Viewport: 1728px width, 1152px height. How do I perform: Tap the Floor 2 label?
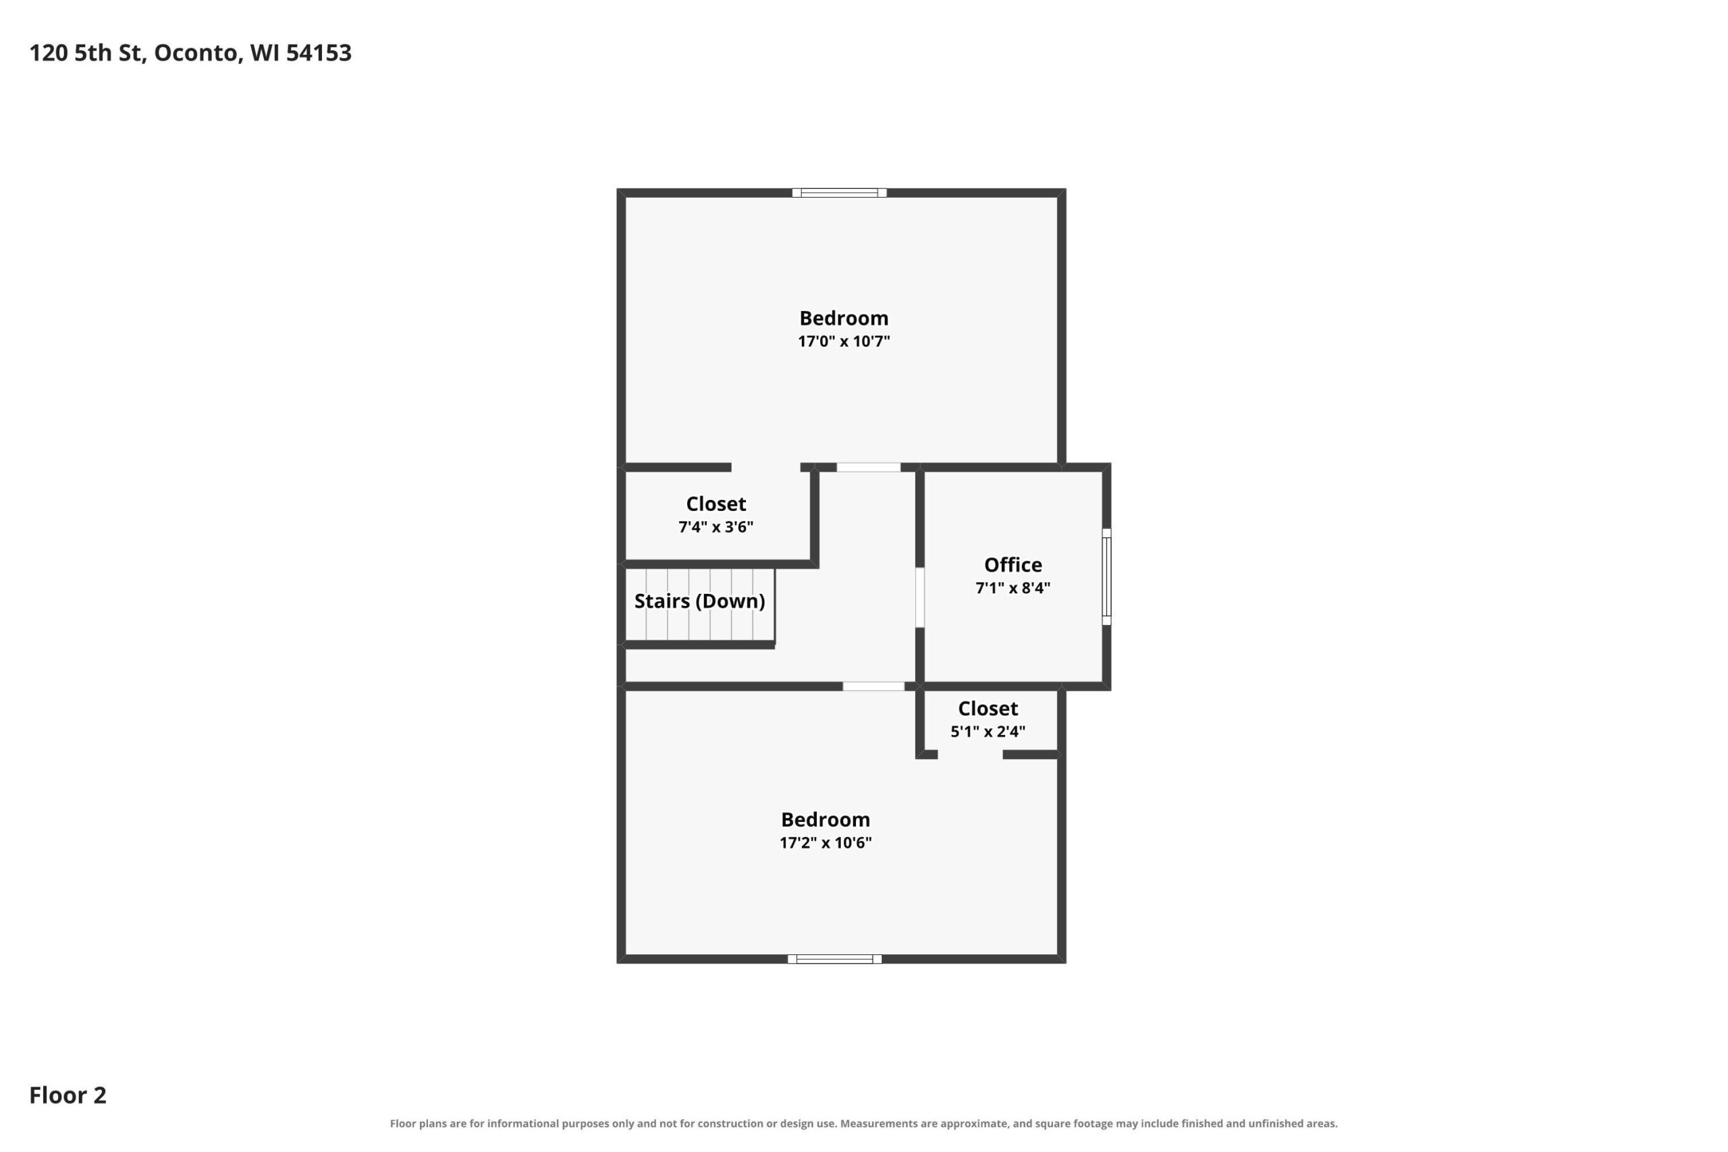[67, 1095]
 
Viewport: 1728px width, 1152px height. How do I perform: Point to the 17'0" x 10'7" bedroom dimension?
[844, 341]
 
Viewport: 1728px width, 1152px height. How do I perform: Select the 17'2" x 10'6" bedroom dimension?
[826, 843]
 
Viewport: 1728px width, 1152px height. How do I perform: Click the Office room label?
[1013, 565]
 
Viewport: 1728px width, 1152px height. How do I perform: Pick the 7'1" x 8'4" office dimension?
[1013, 588]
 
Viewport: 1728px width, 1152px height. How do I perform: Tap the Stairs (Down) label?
[699, 601]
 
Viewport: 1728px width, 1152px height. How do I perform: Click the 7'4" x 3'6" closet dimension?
[716, 527]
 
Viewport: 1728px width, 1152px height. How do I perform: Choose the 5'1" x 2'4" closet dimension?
[988, 732]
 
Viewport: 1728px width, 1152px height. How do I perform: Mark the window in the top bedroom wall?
[840, 193]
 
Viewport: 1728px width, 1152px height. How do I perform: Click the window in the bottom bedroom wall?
[834, 959]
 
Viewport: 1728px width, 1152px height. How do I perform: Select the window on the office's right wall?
[1106, 577]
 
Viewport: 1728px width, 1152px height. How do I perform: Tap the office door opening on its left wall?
[920, 597]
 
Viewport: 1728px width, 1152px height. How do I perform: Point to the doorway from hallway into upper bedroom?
[869, 467]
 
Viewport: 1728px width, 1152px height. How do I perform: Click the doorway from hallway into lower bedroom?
[873, 686]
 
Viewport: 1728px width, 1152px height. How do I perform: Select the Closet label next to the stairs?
[716, 504]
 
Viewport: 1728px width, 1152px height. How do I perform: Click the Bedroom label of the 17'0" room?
[844, 318]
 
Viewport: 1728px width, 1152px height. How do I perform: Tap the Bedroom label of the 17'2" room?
[826, 819]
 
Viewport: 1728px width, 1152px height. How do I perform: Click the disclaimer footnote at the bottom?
[864, 1124]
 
